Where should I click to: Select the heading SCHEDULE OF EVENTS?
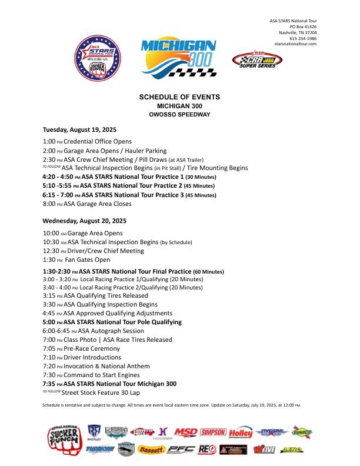tap(179, 96)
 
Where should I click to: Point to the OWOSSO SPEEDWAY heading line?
tap(179, 114)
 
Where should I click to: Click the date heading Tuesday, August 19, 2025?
tap(80, 129)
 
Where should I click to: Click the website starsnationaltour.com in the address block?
tap(295, 44)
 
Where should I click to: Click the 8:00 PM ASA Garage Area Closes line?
tap(87, 204)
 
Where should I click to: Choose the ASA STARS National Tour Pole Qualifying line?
tap(112, 322)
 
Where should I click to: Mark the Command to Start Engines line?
tap(94, 375)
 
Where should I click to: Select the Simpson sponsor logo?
tap(213, 432)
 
